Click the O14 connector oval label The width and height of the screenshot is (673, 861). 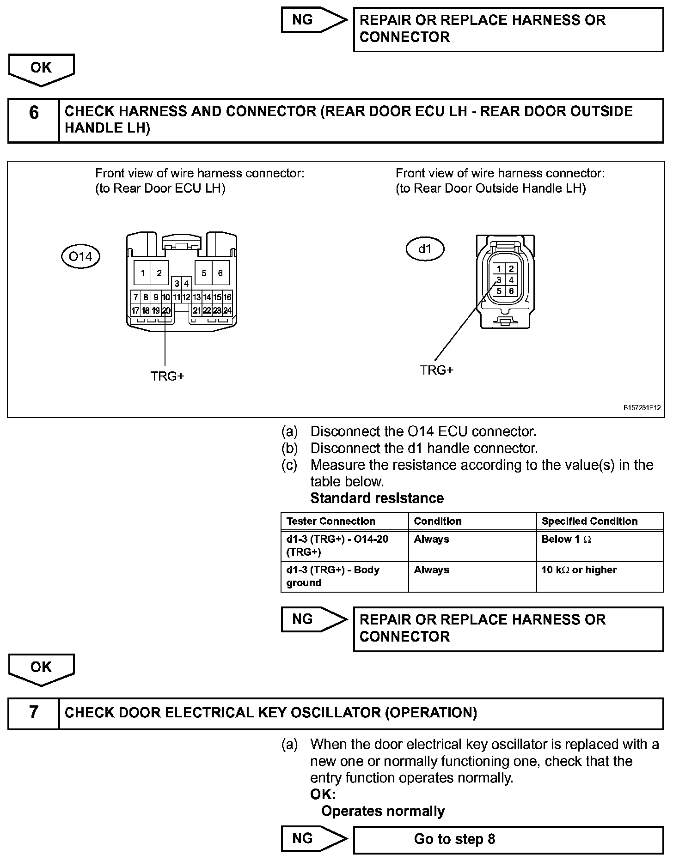coord(80,256)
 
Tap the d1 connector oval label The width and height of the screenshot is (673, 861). coord(424,249)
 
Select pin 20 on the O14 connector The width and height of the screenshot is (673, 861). coord(166,311)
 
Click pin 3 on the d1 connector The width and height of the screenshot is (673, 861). coord(499,280)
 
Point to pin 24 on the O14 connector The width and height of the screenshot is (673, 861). coord(227,311)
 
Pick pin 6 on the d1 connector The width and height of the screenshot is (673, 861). coord(511,291)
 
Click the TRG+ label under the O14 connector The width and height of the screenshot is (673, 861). coord(167,376)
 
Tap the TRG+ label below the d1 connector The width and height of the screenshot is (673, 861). coord(437,370)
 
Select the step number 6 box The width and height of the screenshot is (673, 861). coord(34,120)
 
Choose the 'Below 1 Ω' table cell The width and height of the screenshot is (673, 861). coord(600,546)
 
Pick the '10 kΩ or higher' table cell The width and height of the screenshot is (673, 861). coord(600,576)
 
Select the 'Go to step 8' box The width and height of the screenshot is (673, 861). coord(508,839)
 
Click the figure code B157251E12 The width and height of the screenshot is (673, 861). coord(642,408)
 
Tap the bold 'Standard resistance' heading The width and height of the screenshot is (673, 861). coord(377,498)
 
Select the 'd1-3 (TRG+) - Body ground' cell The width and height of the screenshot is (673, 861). coord(344,576)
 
